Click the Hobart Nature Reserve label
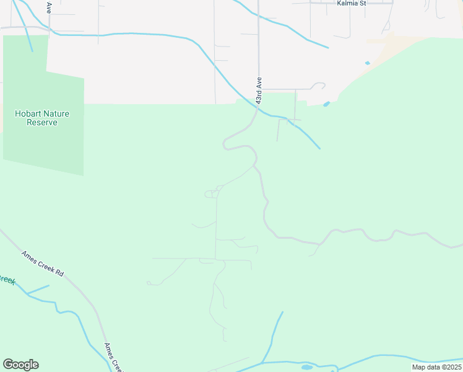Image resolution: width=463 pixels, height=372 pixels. tap(42, 118)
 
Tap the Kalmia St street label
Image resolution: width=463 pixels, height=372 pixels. tap(352, 3)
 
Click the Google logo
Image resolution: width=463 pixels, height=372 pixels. tap(20, 365)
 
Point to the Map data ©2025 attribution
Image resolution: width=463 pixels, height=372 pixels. tap(436, 367)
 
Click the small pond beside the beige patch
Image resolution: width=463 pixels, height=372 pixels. tap(368, 63)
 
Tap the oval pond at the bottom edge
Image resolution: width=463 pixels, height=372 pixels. tap(306, 367)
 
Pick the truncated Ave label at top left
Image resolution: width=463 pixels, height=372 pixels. tap(49, 7)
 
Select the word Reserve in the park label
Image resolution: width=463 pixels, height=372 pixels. tap(42, 122)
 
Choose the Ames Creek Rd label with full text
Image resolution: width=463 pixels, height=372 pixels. tap(42, 263)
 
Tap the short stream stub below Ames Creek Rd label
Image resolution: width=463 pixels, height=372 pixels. tap(38, 290)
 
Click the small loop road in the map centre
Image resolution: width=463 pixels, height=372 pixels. tap(210, 194)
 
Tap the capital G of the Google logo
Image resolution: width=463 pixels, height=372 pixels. tap(8, 365)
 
